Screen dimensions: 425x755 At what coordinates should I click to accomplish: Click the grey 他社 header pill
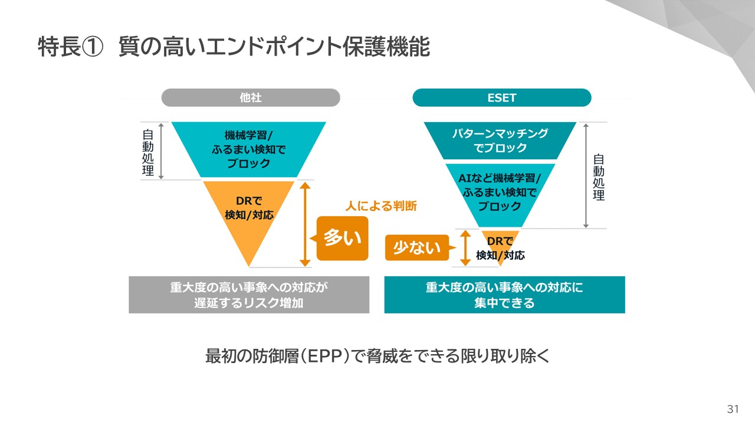point(251,97)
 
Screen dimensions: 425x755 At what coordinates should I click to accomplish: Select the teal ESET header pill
point(501,97)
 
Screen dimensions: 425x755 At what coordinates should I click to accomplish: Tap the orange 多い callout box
point(342,238)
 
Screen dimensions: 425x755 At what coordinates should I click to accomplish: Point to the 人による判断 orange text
point(381,206)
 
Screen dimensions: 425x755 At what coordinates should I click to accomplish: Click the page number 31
point(733,410)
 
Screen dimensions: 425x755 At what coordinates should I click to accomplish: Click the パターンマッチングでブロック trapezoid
point(500,140)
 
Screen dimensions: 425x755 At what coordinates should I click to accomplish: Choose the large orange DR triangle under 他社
point(249,212)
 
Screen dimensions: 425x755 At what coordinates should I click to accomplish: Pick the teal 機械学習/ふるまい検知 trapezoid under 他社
point(249,149)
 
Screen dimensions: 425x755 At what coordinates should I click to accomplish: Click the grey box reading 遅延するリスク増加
point(249,295)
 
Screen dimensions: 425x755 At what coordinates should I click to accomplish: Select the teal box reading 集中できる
point(504,295)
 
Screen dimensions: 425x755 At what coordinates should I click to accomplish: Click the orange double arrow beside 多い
point(305,224)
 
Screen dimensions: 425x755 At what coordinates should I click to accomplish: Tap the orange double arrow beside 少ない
point(465,248)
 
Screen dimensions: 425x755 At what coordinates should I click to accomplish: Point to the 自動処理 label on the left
point(148,152)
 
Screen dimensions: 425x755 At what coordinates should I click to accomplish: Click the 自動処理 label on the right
point(599,176)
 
